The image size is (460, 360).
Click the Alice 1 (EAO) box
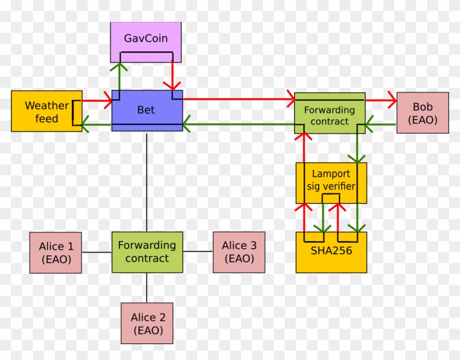pos(55,252)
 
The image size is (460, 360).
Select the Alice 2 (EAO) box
pos(146,323)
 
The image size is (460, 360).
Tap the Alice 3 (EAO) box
pos(239,252)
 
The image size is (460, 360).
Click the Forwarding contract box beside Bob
pos(329,115)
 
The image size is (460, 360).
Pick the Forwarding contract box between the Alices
pos(147,252)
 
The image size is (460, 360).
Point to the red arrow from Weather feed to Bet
pos(96,100)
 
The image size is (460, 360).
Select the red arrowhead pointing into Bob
pos(392,100)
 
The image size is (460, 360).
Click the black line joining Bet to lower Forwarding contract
pos(147,181)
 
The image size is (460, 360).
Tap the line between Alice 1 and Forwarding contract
pos(96,252)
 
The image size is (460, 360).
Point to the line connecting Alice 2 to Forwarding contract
pos(147,287)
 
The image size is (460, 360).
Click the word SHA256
pos(331,251)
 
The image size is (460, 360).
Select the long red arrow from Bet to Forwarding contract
pos(235,100)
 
